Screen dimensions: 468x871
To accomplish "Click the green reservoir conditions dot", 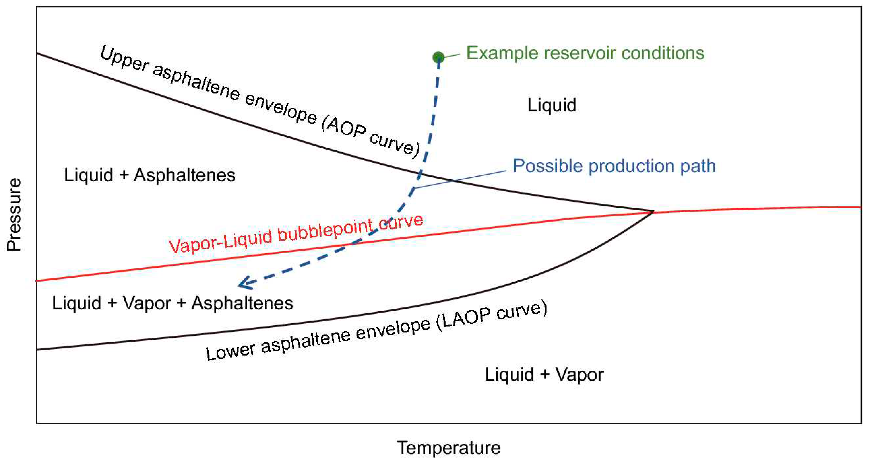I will click(439, 57).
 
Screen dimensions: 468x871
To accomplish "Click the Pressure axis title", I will click(14, 215).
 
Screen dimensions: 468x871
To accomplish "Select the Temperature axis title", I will click(448, 448).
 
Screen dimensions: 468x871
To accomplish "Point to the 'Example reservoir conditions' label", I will click(585, 53).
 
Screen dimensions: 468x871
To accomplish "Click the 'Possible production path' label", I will click(614, 166).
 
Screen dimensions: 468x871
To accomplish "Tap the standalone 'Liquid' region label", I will click(552, 105).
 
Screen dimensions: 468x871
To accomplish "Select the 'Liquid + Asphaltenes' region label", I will click(150, 175).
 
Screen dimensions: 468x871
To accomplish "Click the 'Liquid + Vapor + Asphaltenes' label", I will click(172, 303).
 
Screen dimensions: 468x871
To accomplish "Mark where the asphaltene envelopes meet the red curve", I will click(652, 212).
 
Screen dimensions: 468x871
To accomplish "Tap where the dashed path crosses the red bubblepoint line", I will click(352, 243).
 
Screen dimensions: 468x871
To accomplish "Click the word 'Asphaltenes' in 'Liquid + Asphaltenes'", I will click(184, 175).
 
